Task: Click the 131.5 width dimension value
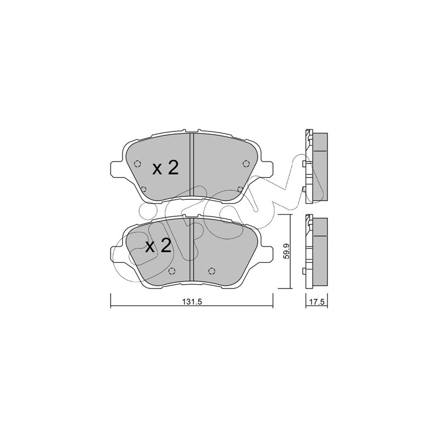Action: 192,302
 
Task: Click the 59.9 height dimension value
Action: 286,251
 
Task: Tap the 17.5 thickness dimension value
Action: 317,302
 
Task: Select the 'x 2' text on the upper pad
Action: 165,169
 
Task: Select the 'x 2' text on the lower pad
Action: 158,246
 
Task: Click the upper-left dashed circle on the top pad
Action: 137,164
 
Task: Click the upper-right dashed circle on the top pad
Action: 246,164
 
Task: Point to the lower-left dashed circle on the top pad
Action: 143,189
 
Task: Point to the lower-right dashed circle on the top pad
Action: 240,189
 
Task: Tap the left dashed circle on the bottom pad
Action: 172,271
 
